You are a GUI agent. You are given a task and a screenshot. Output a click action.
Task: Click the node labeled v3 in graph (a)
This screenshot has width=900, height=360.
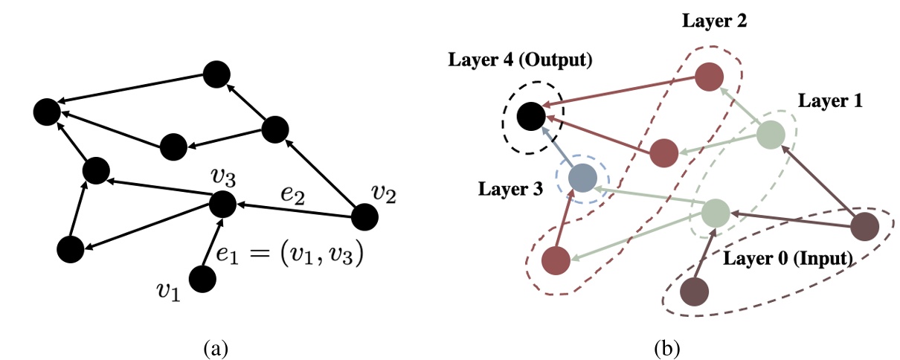[222, 203]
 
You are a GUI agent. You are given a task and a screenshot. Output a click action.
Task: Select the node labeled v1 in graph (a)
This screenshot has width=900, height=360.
[202, 278]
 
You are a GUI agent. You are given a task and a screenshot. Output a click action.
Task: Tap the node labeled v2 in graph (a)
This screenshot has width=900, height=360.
[364, 216]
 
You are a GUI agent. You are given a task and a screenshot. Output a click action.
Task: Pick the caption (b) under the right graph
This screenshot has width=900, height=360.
[661, 347]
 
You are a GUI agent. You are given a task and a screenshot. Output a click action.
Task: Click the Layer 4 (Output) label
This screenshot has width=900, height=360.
[520, 60]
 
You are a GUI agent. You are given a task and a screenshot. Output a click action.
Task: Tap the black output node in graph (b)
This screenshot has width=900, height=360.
[531, 116]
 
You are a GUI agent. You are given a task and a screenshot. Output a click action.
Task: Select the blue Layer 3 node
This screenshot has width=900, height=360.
[582, 178]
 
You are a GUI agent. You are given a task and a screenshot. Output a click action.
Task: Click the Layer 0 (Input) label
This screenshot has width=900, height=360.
[788, 259]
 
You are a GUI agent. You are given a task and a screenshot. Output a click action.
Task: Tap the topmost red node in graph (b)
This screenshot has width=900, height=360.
[710, 77]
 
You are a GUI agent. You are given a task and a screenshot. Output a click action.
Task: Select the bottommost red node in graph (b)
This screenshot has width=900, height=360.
[556, 260]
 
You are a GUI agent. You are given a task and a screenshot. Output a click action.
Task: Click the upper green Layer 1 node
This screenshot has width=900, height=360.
[771, 135]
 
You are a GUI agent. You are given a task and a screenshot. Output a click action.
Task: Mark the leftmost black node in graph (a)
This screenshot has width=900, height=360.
[47, 112]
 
